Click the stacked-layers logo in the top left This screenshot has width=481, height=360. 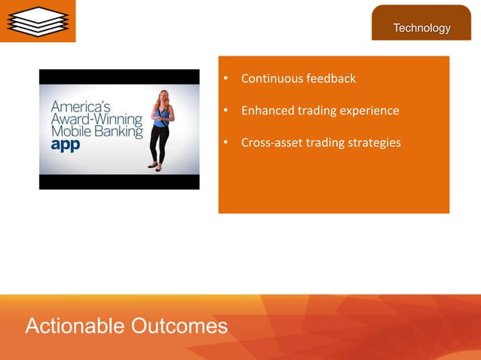pos(37,20)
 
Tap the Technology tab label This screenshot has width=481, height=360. pos(421,28)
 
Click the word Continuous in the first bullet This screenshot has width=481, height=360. pos(272,79)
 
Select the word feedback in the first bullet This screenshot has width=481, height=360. pos(331,79)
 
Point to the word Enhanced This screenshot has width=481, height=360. pos(267,111)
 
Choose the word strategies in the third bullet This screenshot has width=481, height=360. pos(374,142)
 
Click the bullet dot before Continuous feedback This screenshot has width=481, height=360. pos(225,79)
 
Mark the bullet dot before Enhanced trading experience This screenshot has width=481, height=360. pos(225,111)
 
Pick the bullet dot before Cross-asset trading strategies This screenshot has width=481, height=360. pos(225,143)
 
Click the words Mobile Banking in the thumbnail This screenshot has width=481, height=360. pos(96,132)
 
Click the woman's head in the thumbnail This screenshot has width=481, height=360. pos(161,96)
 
